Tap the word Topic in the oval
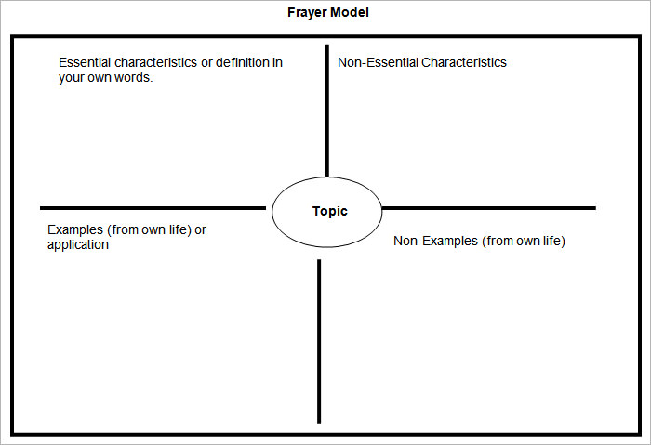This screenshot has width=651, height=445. pyautogui.click(x=329, y=212)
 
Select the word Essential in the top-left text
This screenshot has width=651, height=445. pyautogui.click(x=86, y=63)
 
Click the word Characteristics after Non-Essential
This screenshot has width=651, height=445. pyautogui.click(x=464, y=63)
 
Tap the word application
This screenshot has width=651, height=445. pyautogui.click(x=78, y=245)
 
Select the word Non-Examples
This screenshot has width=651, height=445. pyautogui.click(x=432, y=242)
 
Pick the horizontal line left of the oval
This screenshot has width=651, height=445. pyautogui.click(x=153, y=207)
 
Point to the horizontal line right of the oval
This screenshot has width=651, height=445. pyautogui.click(x=488, y=207)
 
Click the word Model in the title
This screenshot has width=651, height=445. pyautogui.click(x=352, y=13)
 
